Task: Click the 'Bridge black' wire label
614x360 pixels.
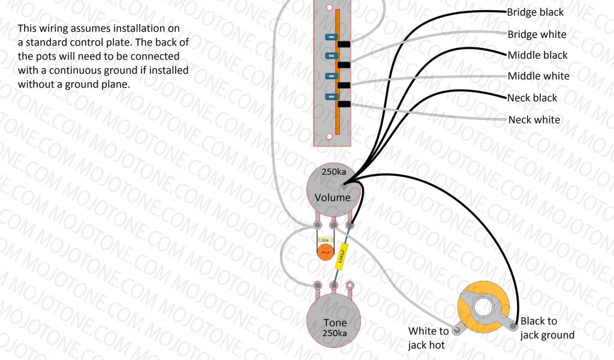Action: coord(535,12)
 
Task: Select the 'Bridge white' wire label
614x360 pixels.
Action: coord(537,34)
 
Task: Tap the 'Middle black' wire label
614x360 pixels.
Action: coord(537,55)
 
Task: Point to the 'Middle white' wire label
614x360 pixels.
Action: coord(538,76)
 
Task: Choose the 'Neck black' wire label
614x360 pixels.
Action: coord(532,98)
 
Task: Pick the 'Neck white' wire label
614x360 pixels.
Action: coord(534,119)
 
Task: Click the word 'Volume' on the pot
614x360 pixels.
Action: coord(333,197)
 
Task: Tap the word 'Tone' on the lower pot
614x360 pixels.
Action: coord(335,323)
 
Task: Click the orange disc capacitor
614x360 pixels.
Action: coord(326,253)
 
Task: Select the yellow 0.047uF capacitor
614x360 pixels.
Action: coord(341,255)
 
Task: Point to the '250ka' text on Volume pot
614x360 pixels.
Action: coord(334,172)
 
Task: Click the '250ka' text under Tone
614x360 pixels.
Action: coord(335,334)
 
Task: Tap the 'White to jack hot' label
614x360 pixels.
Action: coord(428,338)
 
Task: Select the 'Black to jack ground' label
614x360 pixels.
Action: coord(547,328)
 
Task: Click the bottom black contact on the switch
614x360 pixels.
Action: coord(344,104)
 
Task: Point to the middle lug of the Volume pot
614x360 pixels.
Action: coord(334,226)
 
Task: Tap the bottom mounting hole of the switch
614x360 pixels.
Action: coord(329,137)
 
